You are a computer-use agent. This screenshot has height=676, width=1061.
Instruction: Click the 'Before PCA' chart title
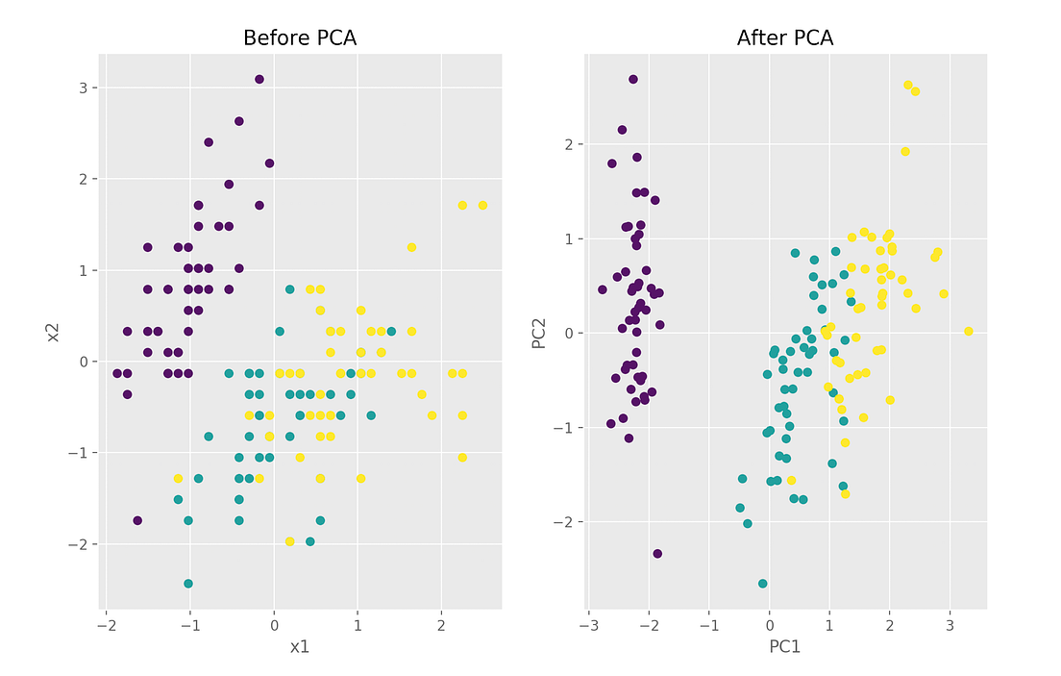click(300, 38)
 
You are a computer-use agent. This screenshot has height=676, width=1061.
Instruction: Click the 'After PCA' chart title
click(785, 38)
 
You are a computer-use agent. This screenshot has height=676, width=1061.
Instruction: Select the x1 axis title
click(300, 647)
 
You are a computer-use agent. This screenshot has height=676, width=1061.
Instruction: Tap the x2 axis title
click(55, 332)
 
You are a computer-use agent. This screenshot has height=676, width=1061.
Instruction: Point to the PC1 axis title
click(785, 647)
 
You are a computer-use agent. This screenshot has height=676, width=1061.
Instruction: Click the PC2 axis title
click(540, 332)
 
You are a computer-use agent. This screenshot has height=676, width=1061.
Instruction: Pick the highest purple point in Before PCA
click(259, 80)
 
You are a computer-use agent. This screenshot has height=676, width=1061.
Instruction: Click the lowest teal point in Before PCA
click(188, 584)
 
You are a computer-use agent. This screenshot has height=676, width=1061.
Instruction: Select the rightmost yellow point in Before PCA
click(482, 205)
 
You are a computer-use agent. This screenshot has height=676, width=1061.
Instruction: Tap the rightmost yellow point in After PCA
click(968, 331)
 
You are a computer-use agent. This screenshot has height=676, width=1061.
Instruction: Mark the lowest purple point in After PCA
click(657, 554)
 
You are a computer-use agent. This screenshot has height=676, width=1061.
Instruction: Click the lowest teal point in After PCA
click(762, 584)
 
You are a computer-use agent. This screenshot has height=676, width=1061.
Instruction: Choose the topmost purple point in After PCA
click(632, 80)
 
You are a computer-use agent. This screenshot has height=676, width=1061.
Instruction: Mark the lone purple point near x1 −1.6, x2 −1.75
click(137, 520)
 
